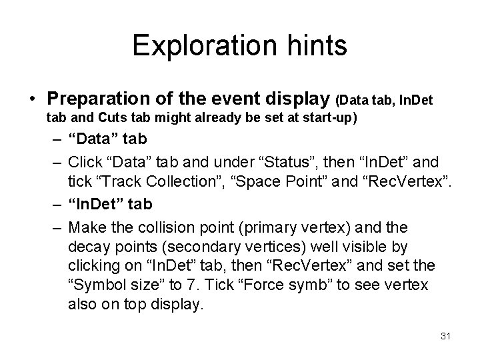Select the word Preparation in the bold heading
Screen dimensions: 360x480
click(x=93, y=100)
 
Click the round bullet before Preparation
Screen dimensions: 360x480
click(x=33, y=101)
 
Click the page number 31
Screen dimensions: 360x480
click(x=446, y=335)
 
